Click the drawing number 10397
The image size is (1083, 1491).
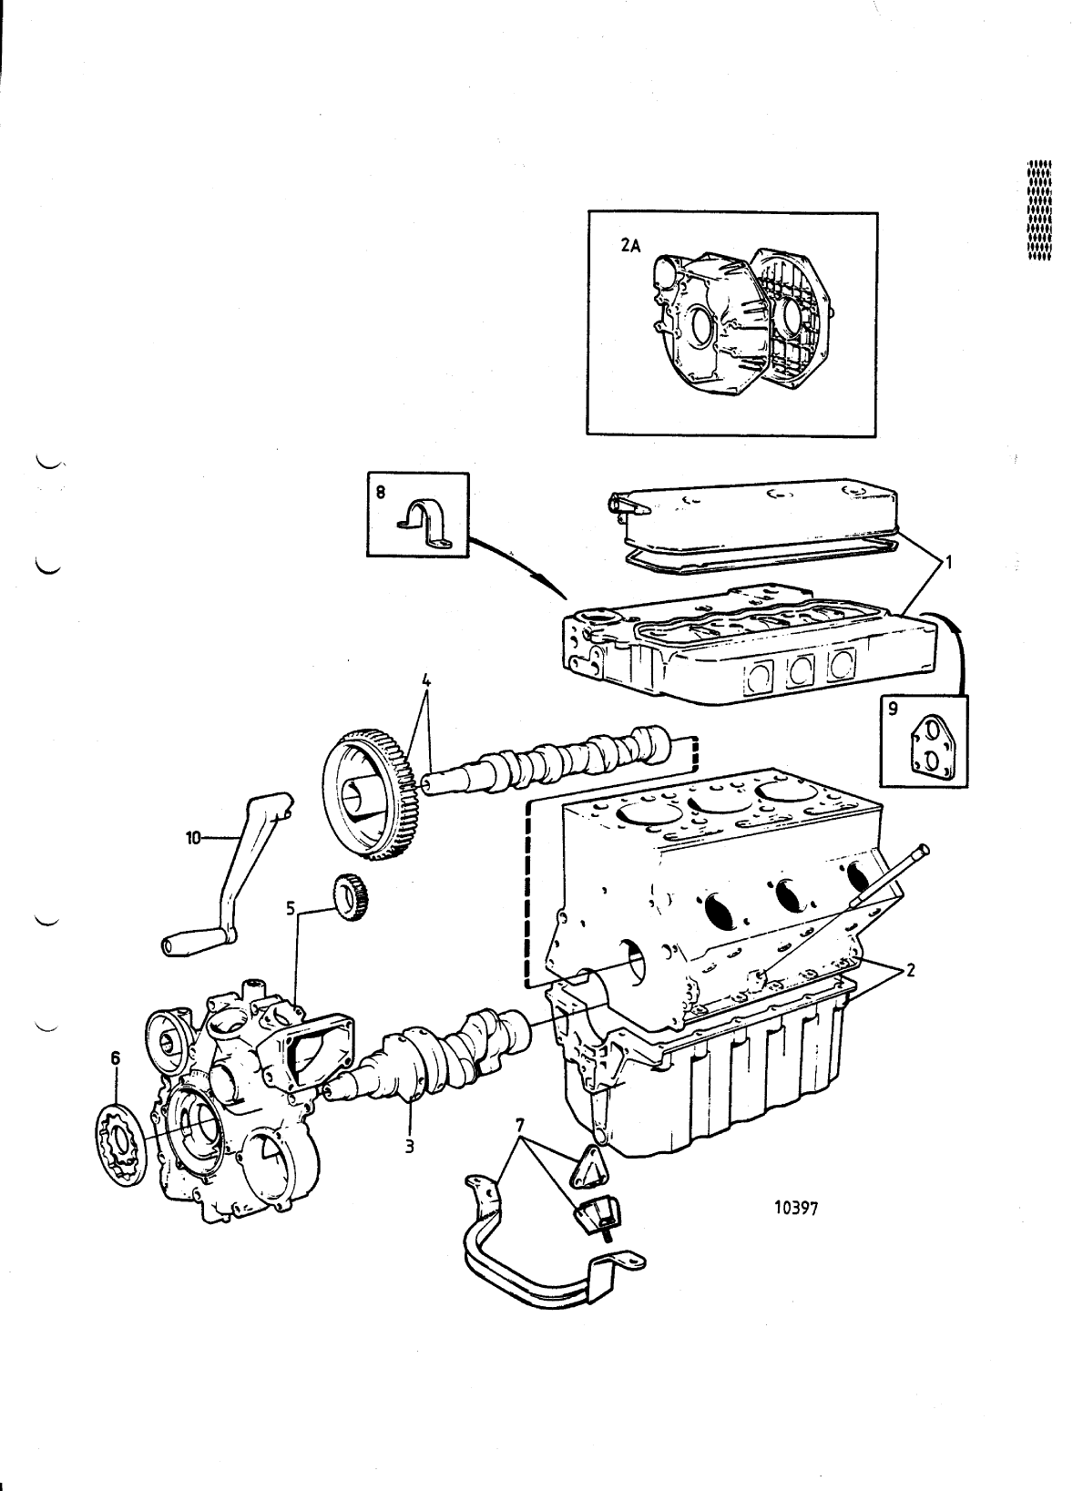point(797,1209)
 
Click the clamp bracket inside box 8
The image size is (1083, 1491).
point(426,526)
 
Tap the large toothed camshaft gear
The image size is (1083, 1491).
point(372,791)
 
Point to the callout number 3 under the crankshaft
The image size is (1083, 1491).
point(410,1146)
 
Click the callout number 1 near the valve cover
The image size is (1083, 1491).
point(948,563)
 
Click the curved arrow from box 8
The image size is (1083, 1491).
point(519,565)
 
